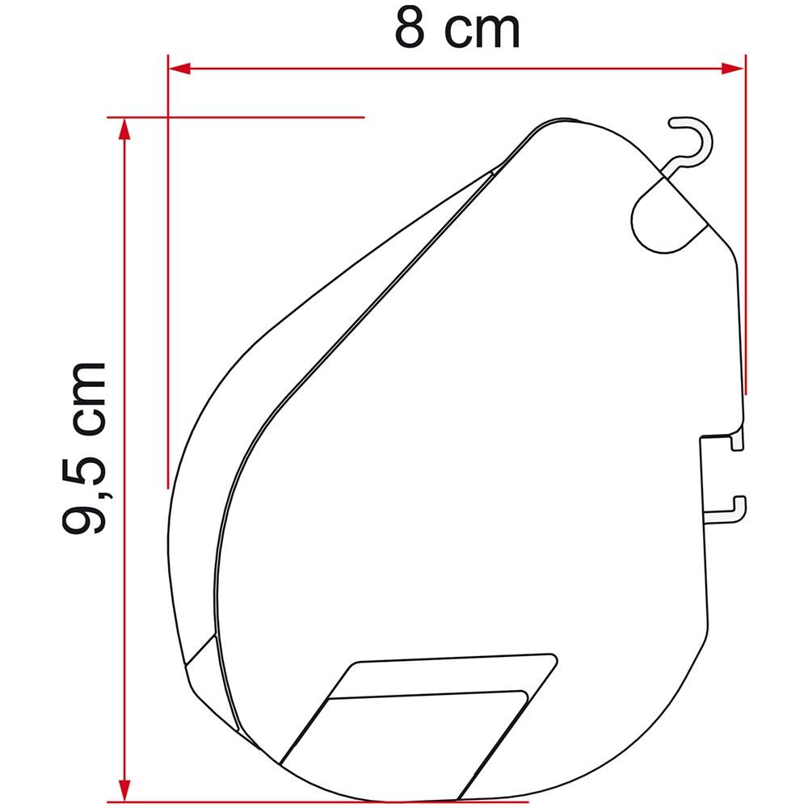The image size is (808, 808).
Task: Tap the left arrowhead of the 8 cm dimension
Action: [179, 68]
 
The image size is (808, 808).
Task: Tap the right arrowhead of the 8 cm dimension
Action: [734, 68]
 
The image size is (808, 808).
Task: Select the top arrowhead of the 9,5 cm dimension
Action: [124, 128]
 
